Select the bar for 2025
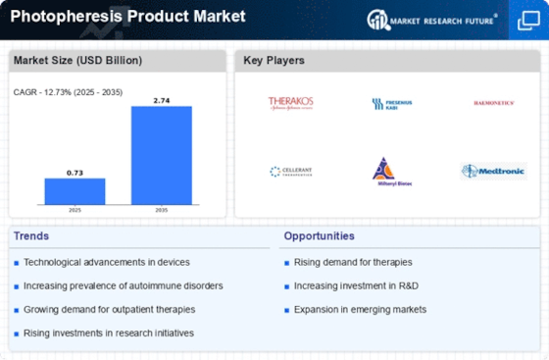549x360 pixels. [75, 191]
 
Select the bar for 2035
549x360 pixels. [162, 155]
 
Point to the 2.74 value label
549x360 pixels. [162, 99]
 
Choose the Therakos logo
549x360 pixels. [290, 103]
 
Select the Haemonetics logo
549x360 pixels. [493, 103]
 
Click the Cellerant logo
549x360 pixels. [290, 171]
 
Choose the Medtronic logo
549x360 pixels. [493, 171]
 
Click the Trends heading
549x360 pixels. [32, 236]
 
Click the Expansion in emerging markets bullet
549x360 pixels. [361, 309]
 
